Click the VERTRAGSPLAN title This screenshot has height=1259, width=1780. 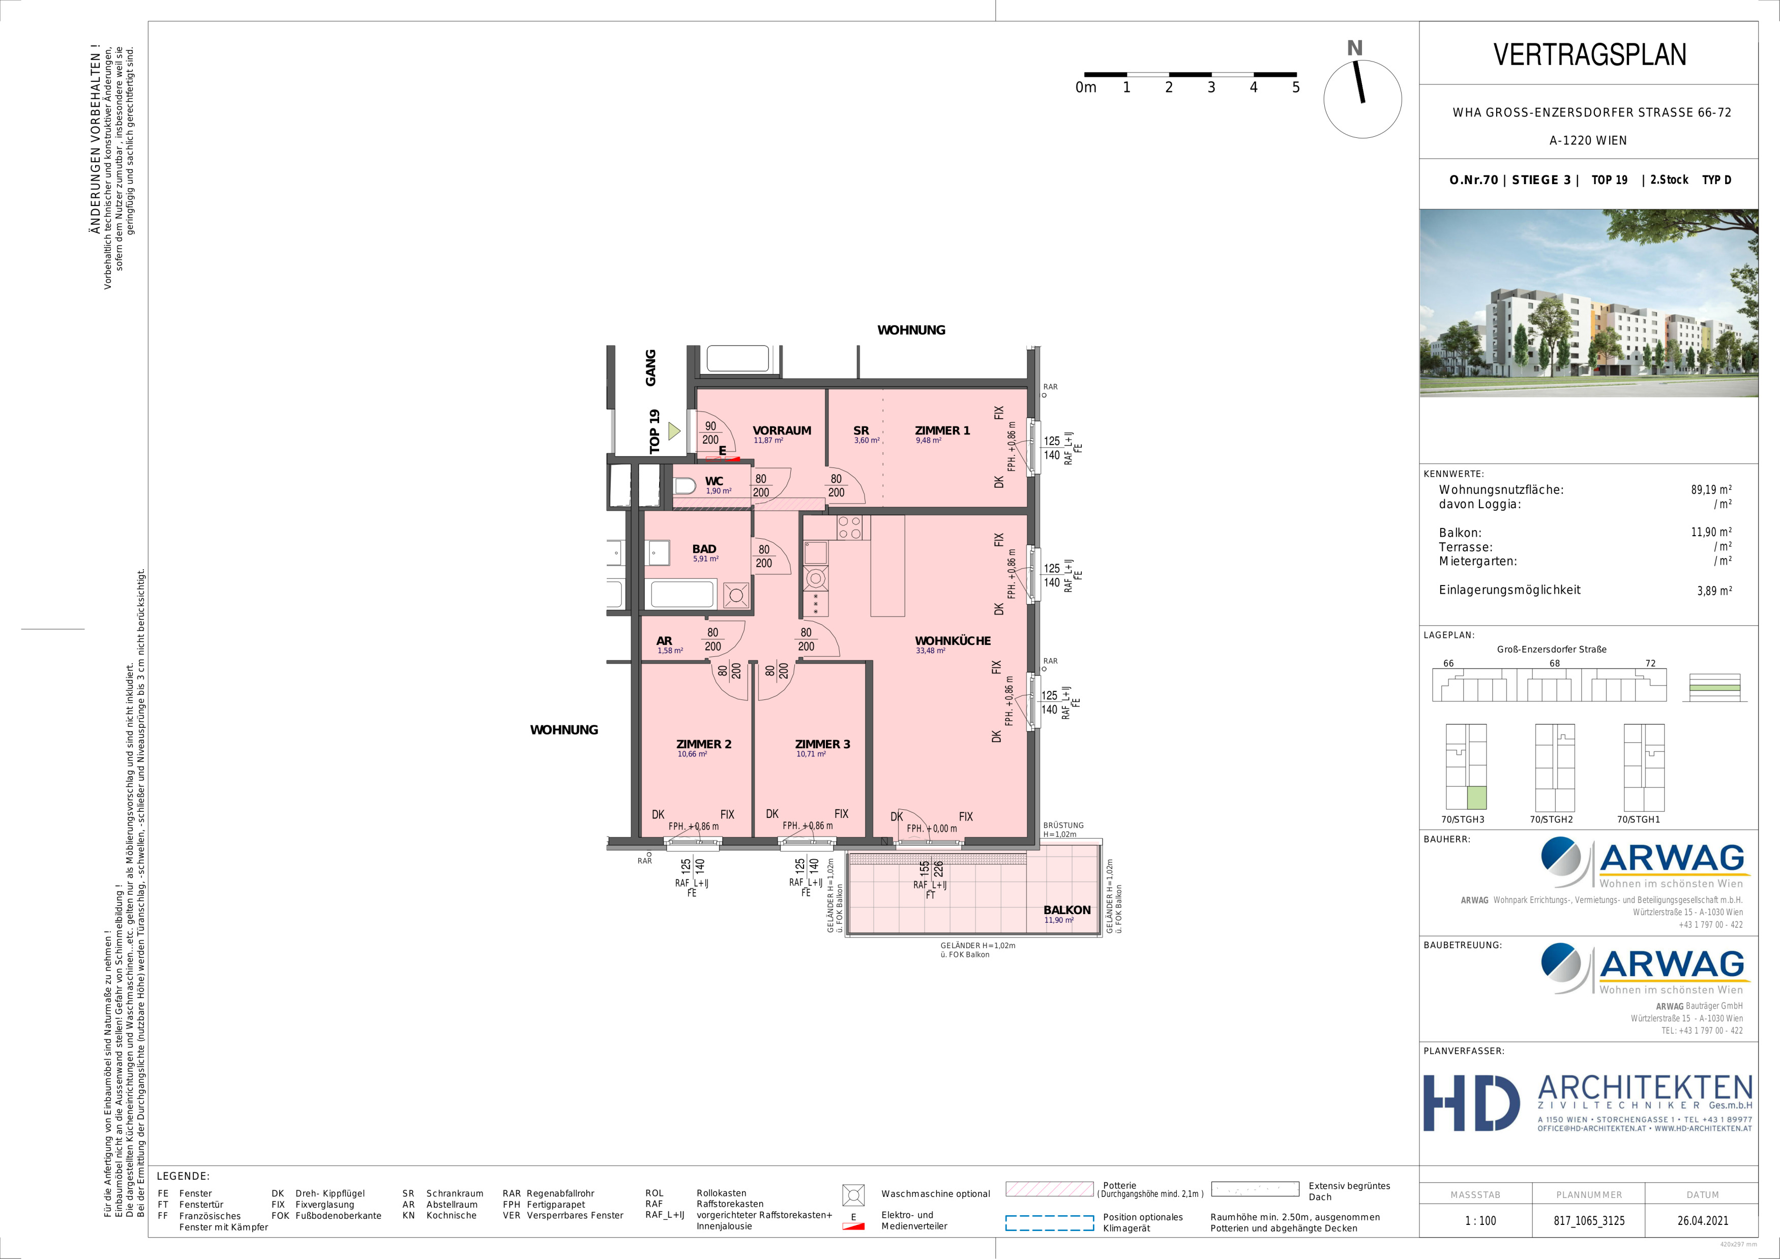coord(1589,54)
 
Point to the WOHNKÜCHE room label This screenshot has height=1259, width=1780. coord(953,640)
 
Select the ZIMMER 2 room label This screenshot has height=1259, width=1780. coord(704,744)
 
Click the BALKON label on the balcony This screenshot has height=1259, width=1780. coord(1067,910)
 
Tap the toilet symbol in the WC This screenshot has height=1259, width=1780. coord(685,487)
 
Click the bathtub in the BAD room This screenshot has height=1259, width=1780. coord(681,595)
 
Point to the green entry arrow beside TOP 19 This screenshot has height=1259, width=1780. coord(674,430)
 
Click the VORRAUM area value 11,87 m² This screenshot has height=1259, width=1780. coord(768,441)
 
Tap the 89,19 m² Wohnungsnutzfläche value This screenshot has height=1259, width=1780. coord(1711,490)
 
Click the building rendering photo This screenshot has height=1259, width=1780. coord(1588,303)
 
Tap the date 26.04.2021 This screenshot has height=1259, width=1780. coord(1703,1220)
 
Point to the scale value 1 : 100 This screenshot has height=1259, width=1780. coord(1480,1220)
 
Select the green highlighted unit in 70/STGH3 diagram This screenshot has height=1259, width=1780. coord(1476,797)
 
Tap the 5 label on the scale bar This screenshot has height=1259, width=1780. coord(1295,87)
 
